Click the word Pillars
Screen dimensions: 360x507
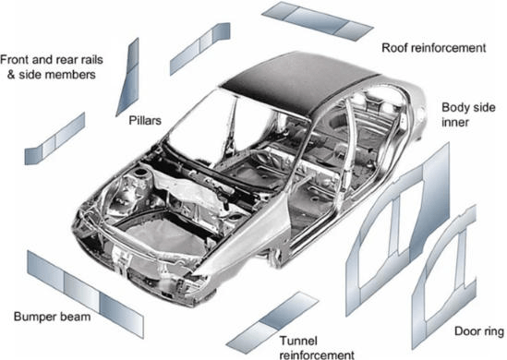pos(139,120)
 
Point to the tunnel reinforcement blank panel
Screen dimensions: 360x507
pos(272,319)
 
